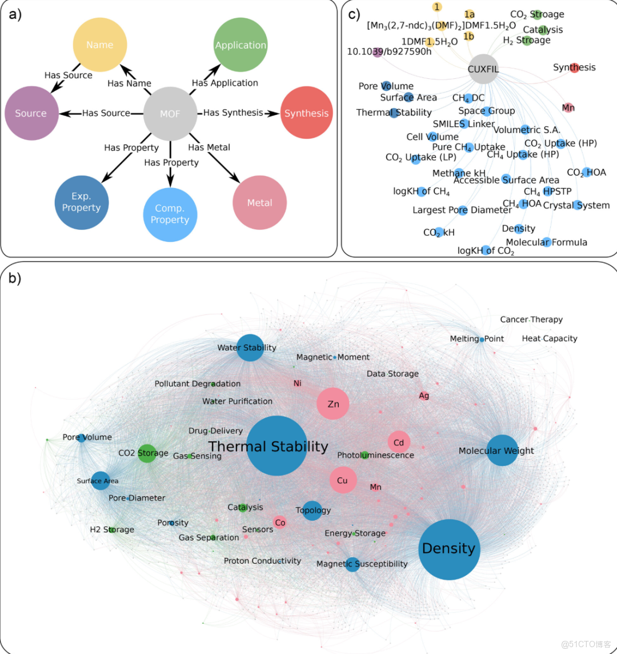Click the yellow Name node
pos(100,45)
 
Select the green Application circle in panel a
pos(241,45)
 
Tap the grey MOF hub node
pos(170,113)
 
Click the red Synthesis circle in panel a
pos(307,113)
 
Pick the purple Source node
pos(31,113)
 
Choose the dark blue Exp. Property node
pos(81,202)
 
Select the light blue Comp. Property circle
pos(170,214)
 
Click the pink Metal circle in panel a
pos(259,203)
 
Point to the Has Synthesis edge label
pos(233,113)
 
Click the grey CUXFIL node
pos(483,69)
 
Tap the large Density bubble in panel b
pos(449,549)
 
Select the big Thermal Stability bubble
pos(277,446)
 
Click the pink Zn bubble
pos(333,404)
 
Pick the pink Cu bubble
pos(343,480)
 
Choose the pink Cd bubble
pos(399,442)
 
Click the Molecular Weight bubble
pos(502,451)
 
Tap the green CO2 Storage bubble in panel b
pos(147,453)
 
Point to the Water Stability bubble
pos(250,348)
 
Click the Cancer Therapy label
pos(531,320)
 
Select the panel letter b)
pos(15,278)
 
